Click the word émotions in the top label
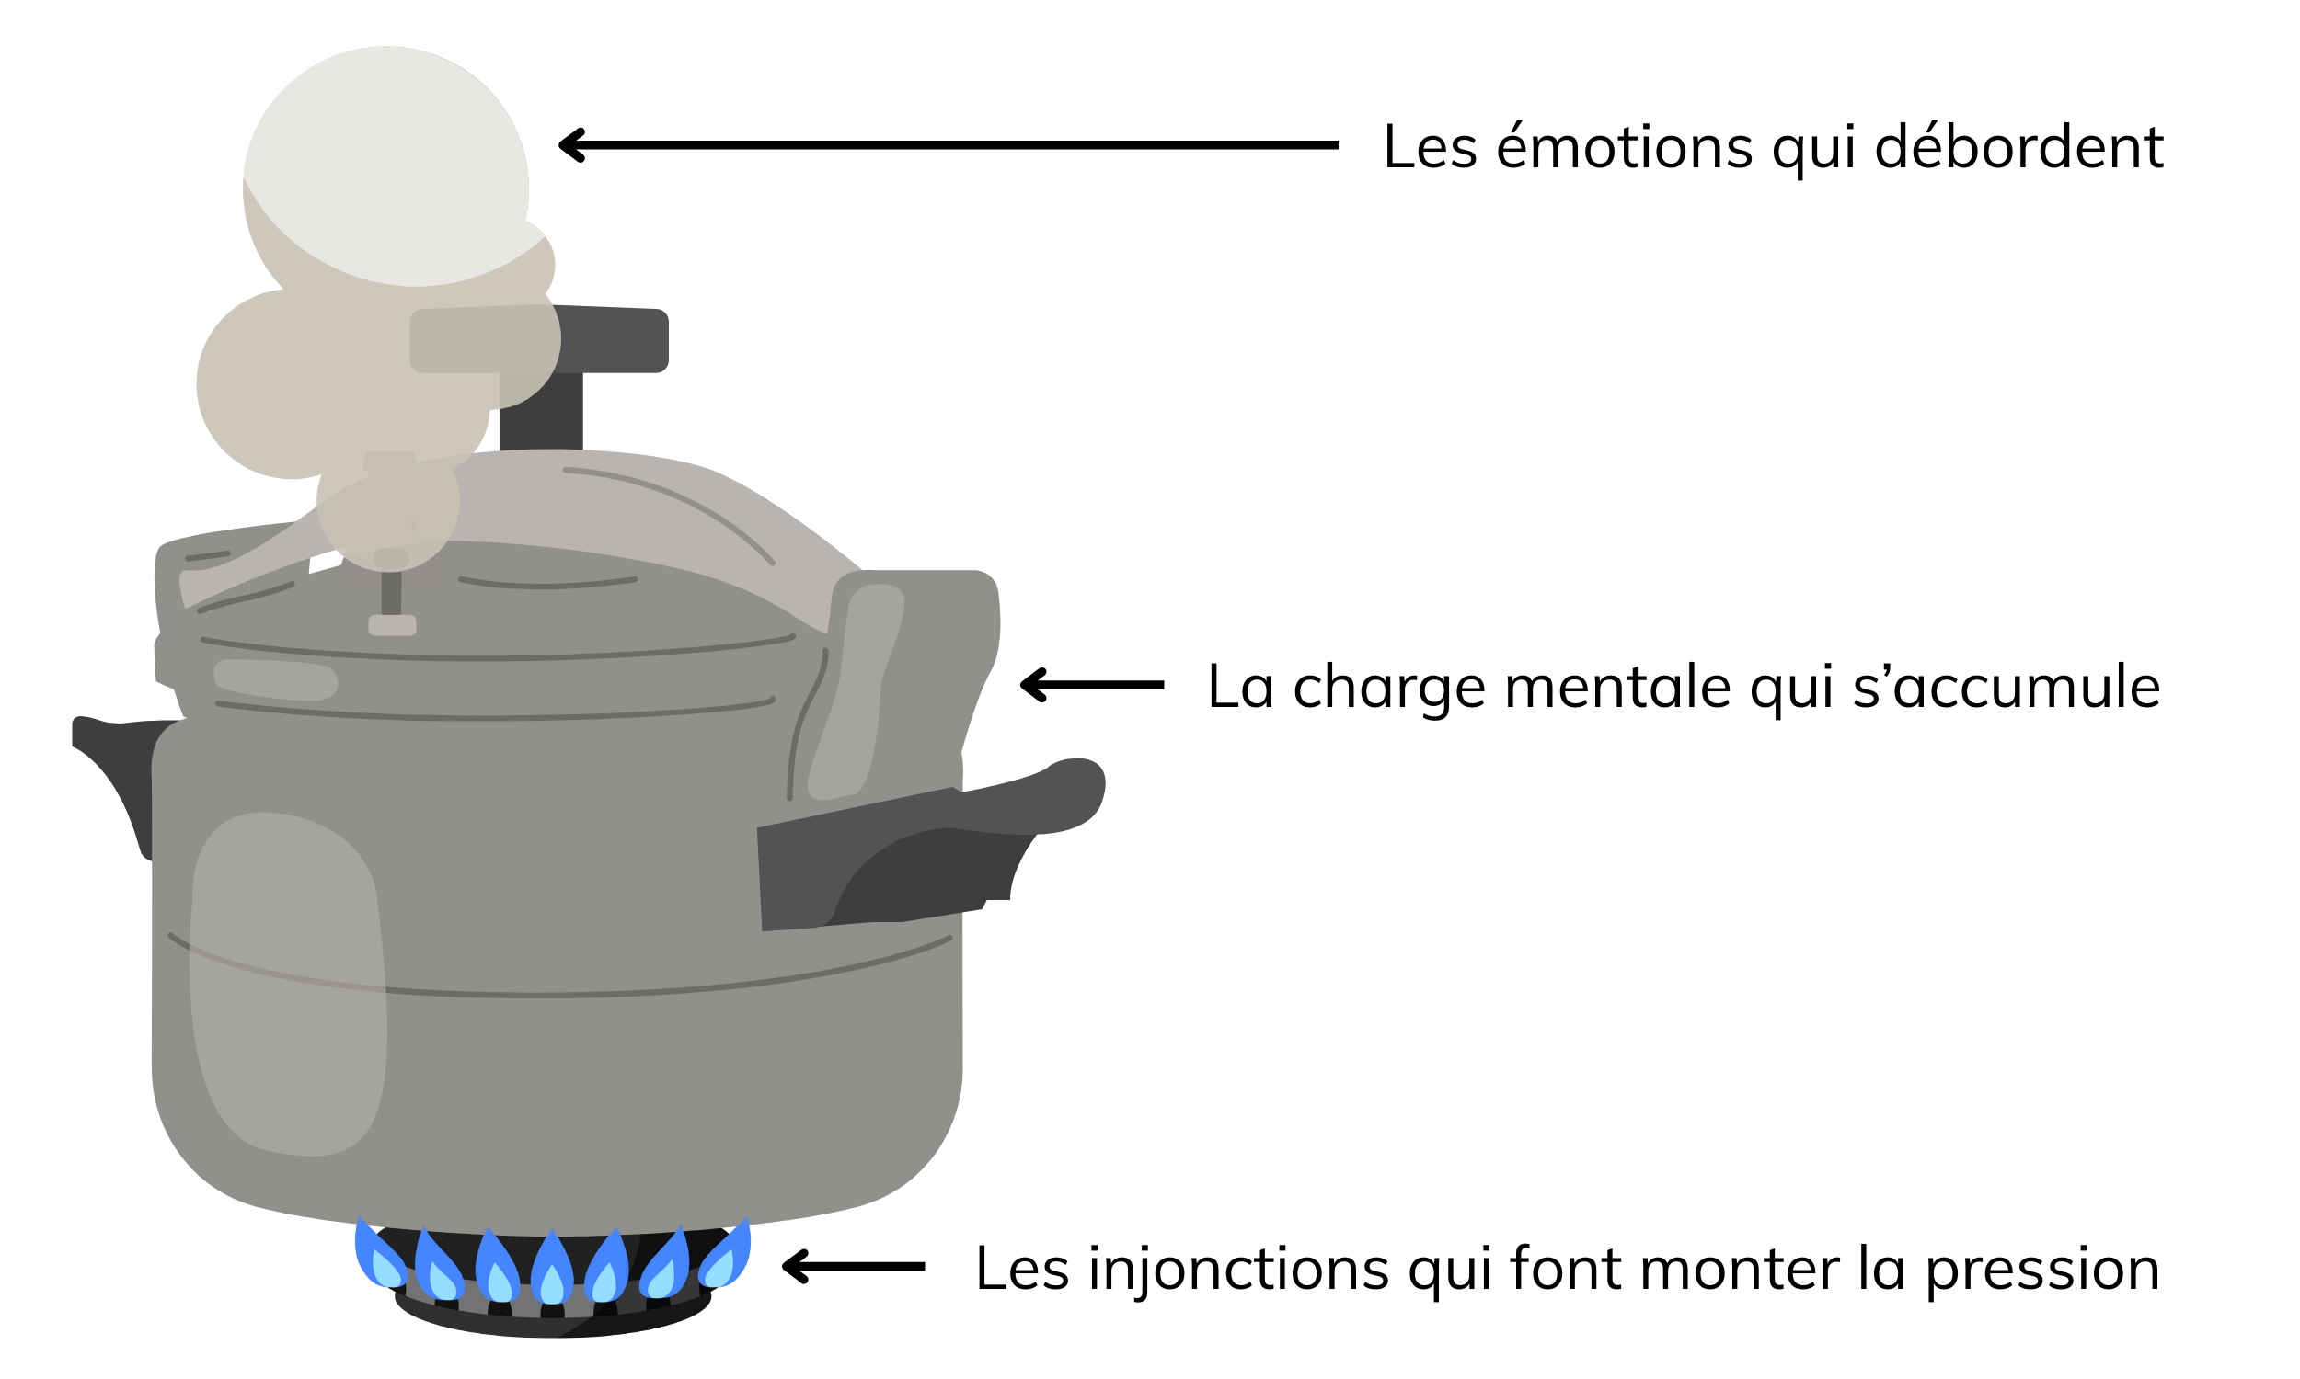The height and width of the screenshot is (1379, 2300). coord(1624,147)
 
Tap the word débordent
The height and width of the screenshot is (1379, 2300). coord(2019,146)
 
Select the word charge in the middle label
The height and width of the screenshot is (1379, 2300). coord(1389,689)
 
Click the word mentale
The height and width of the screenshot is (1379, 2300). coord(1618,687)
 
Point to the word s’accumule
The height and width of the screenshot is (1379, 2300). coord(2007,687)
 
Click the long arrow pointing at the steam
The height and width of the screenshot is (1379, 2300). coord(948,145)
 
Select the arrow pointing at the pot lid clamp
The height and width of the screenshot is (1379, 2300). coord(1091,685)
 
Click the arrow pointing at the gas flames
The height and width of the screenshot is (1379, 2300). coord(854,1267)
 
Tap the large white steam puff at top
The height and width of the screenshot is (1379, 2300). coord(386,166)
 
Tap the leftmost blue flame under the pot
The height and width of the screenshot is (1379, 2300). coord(380,1257)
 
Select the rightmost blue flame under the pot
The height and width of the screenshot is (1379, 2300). coord(725,1256)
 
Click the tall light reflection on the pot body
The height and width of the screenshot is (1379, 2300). coord(288,984)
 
